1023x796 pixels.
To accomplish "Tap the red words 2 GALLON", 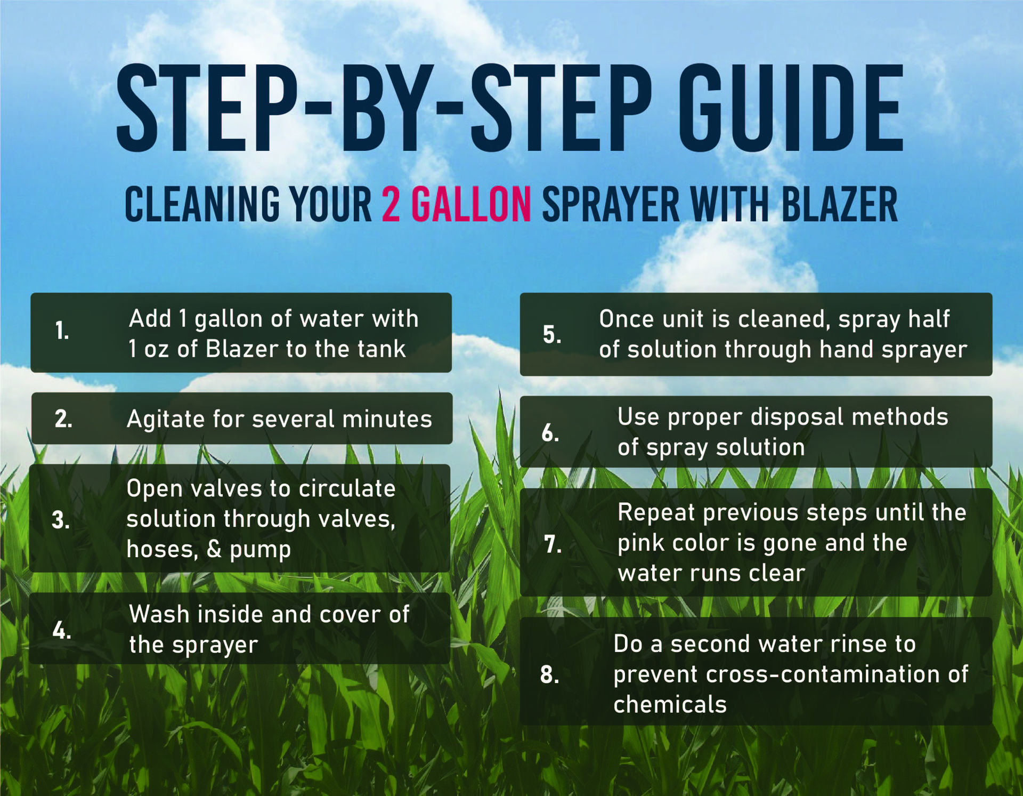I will point(456,205).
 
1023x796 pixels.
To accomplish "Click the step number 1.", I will point(62,331).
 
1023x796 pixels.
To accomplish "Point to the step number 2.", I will point(63,419).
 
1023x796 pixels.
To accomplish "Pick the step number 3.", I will point(61,520).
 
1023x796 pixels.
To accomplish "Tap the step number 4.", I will point(62,631).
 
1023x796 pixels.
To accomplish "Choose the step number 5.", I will point(551,335).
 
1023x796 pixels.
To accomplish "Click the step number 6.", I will point(550,433).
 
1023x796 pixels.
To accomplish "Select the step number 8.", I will point(549,675).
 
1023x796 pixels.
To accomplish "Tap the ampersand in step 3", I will point(214,549).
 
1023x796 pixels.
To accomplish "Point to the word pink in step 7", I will point(642,543).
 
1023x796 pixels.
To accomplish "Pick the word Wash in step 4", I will point(159,614).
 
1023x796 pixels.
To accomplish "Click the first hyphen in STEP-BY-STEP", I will point(319,109).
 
